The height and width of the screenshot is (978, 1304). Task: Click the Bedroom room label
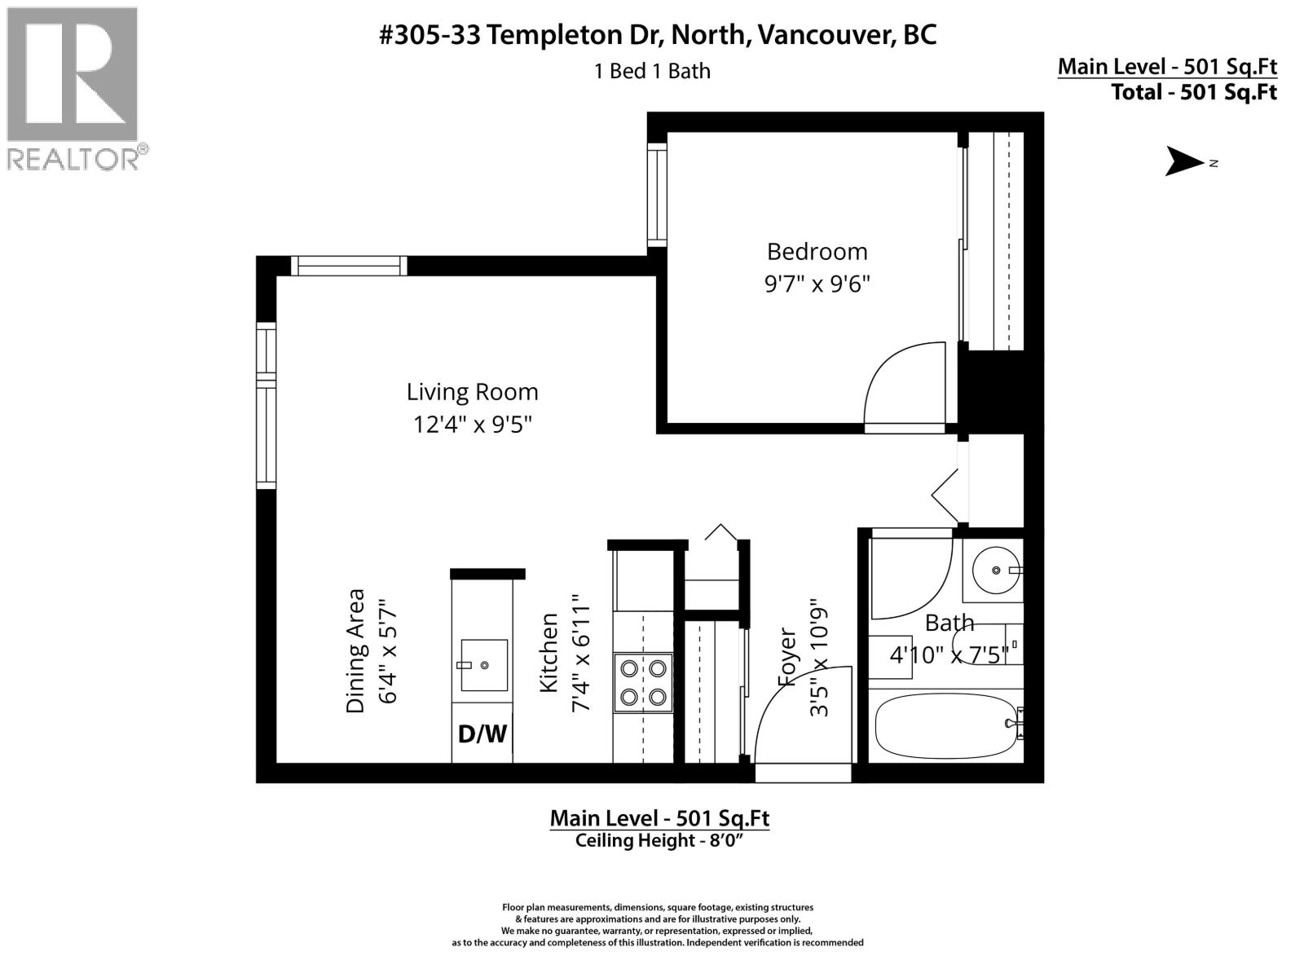point(817,251)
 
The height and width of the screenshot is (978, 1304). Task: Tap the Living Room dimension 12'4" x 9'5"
point(472,425)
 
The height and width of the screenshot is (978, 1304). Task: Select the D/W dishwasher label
point(482,734)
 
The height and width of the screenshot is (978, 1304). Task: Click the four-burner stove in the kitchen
point(643,683)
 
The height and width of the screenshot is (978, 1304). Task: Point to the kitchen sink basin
point(483,665)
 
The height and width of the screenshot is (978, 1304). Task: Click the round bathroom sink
point(996,569)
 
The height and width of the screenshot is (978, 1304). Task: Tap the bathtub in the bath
point(944,725)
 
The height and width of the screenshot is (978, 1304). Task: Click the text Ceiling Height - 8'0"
point(659,841)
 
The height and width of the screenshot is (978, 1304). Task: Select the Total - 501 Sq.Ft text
point(1193,92)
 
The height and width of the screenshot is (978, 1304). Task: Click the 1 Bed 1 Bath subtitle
point(652,72)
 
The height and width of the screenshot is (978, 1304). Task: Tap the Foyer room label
point(787,656)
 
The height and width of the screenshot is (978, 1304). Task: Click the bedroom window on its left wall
point(657,194)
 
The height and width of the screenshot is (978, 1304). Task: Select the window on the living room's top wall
point(349,266)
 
